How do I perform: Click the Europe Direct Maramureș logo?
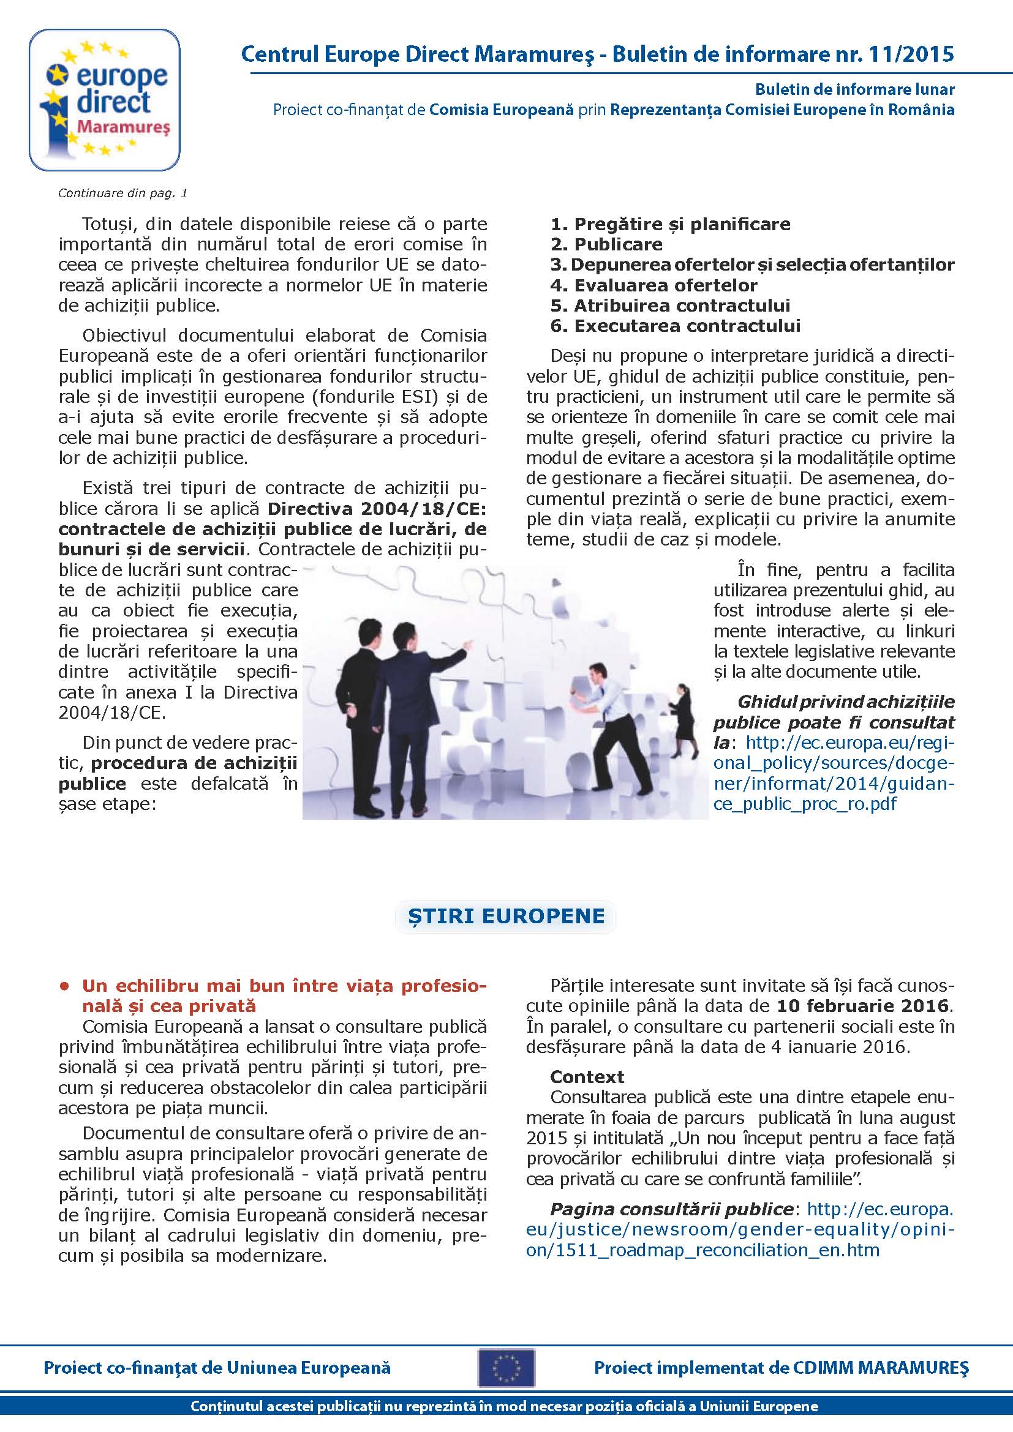click(x=105, y=100)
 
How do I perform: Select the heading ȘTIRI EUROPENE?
click(x=506, y=915)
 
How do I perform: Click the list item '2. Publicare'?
click(x=606, y=244)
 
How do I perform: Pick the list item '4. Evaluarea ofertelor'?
click(x=653, y=286)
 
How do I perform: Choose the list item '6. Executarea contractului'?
click(x=676, y=326)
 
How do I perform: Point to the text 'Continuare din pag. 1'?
click(x=123, y=193)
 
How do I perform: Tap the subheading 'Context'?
click(x=587, y=1077)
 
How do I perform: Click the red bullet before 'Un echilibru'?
click(x=64, y=987)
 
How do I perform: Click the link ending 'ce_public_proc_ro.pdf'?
click(x=805, y=803)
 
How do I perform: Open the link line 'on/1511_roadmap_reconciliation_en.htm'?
click(x=702, y=1251)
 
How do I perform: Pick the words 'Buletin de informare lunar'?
click(x=854, y=89)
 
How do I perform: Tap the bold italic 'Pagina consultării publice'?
click(x=671, y=1209)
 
